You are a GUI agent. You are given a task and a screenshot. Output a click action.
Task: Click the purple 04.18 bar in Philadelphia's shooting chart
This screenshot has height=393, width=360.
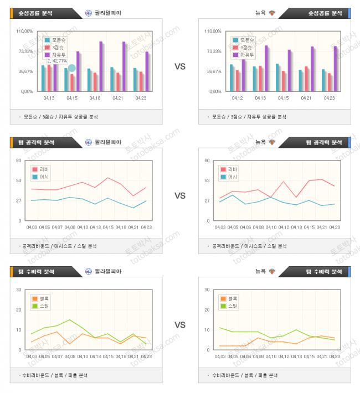pyautogui.click(x=101, y=66)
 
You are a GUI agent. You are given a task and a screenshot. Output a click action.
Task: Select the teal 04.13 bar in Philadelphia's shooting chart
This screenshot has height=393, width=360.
pyautogui.click(x=43, y=78)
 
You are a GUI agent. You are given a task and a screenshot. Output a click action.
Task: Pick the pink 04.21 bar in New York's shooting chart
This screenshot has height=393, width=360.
pyautogui.click(x=306, y=79)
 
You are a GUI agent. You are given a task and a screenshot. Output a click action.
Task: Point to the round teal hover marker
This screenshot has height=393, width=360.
pyautogui.click(x=71, y=68)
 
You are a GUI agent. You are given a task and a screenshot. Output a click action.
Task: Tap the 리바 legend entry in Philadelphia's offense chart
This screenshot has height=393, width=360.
pyautogui.click(x=41, y=169)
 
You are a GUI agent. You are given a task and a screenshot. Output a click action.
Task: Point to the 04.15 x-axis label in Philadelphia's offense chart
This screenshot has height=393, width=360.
pyautogui.click(x=108, y=227)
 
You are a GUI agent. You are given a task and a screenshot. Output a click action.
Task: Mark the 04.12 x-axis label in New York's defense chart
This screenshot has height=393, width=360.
pyautogui.click(x=284, y=356)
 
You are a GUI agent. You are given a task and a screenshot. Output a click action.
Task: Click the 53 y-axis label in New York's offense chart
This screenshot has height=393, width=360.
pyautogui.click(x=207, y=180)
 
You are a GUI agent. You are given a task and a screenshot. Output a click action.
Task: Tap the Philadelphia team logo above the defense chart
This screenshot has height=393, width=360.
pyautogui.click(x=89, y=272)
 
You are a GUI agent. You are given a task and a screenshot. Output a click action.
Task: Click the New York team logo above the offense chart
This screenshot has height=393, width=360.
pyautogui.click(x=272, y=142)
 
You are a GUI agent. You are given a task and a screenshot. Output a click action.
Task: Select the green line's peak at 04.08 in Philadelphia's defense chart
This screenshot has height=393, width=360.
pyautogui.click(x=69, y=320)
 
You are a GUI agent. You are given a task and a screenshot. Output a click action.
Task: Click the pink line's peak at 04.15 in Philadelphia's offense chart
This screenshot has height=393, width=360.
pyautogui.click(x=108, y=178)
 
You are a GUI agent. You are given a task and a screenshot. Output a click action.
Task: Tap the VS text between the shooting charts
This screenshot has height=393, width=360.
pyautogui.click(x=180, y=66)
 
